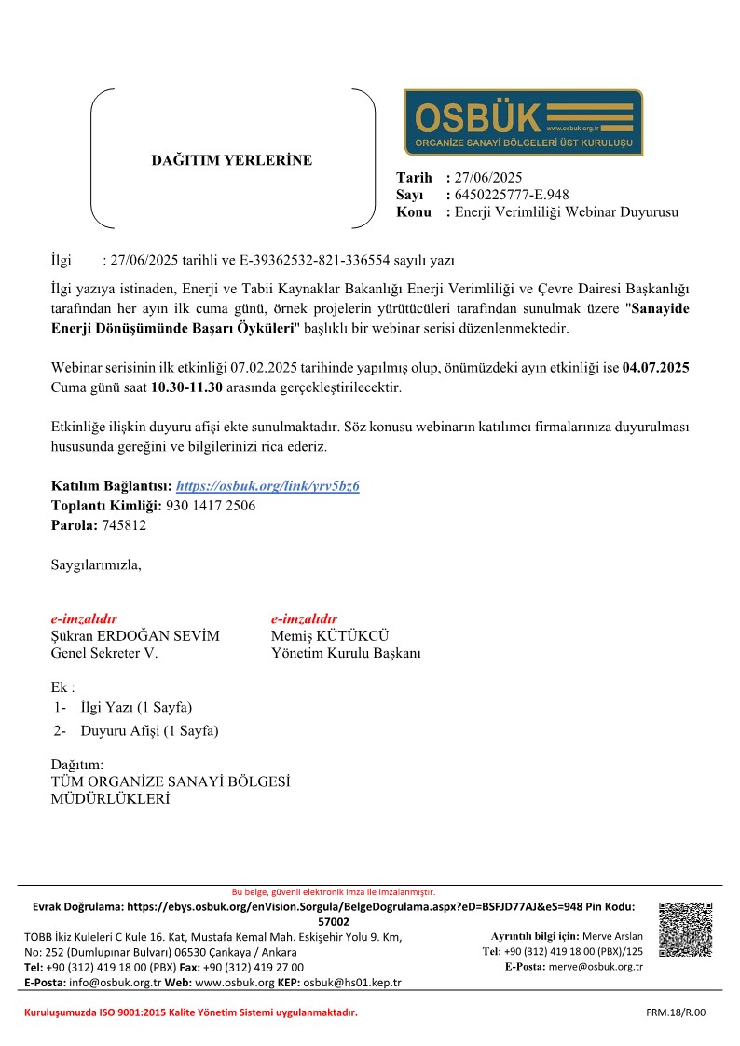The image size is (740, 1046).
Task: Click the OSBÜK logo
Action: pyautogui.click(x=523, y=122)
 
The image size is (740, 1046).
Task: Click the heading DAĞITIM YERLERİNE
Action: pyautogui.click(x=232, y=160)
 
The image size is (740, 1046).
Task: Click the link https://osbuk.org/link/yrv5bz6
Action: pyautogui.click(x=267, y=486)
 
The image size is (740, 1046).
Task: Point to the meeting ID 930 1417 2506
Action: pyautogui.click(x=211, y=506)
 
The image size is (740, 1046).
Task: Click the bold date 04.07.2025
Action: pyautogui.click(x=656, y=369)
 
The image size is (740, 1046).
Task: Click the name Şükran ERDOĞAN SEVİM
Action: pyautogui.click(x=135, y=636)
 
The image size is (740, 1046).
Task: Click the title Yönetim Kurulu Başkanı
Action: pyautogui.click(x=346, y=654)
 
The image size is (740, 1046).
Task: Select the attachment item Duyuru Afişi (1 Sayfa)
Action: pyautogui.click(x=149, y=731)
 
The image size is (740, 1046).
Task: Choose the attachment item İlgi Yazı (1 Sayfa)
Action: pyautogui.click(x=136, y=708)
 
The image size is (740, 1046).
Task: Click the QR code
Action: pyautogui.click(x=685, y=930)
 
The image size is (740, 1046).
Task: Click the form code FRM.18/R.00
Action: pyautogui.click(x=676, y=1012)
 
